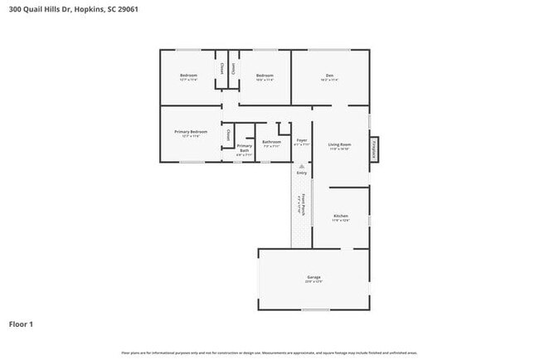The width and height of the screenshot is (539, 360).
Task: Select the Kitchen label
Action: coord(341,216)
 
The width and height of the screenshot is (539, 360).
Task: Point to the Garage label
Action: coord(313,278)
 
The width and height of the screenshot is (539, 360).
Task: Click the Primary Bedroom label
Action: coord(190,133)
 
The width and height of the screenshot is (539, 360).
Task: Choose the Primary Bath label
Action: coord(245,148)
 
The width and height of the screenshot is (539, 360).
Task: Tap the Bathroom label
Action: coord(272,142)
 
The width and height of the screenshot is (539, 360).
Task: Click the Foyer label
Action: coord(302,141)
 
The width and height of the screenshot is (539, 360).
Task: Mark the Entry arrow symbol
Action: coord(302,167)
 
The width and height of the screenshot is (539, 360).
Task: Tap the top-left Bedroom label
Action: coord(188,76)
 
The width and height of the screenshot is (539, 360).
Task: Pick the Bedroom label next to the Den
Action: coord(265,76)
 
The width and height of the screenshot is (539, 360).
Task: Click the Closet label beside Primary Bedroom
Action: coord(228,134)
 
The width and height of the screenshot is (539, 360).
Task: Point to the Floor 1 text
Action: coord(21,324)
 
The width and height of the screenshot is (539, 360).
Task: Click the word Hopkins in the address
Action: coord(90,10)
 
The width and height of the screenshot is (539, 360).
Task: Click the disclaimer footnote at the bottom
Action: coord(269,353)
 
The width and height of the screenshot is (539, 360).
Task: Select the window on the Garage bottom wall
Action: coord(315,310)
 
